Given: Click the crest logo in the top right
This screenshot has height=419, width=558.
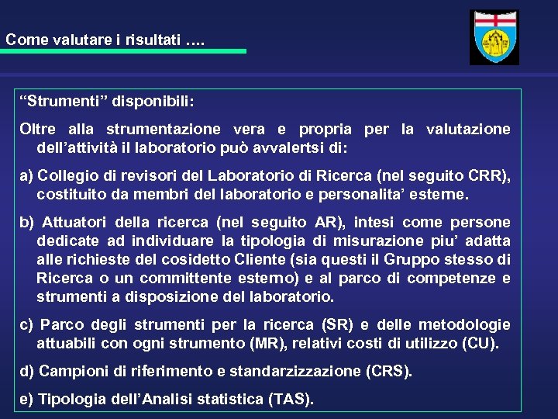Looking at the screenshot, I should (x=494, y=36).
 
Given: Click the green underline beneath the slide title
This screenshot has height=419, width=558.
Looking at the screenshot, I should (x=123, y=51).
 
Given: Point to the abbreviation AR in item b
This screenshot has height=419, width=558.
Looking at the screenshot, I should (x=324, y=222).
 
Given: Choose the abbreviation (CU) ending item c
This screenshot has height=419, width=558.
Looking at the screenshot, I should (x=480, y=343).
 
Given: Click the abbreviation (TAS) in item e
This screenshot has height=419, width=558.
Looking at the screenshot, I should (x=290, y=399).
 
